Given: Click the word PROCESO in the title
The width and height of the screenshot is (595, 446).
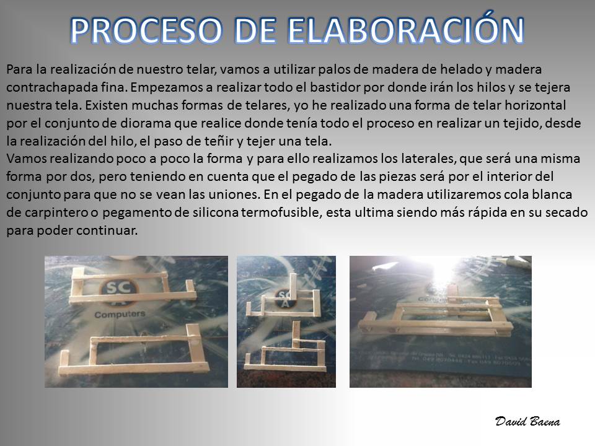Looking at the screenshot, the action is pos(146,30).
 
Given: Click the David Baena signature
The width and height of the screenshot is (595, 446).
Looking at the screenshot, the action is pos(527,421).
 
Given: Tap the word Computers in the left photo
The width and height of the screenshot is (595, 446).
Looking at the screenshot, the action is pos(120,315).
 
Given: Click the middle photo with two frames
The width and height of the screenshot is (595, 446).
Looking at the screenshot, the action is pos(286,321).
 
